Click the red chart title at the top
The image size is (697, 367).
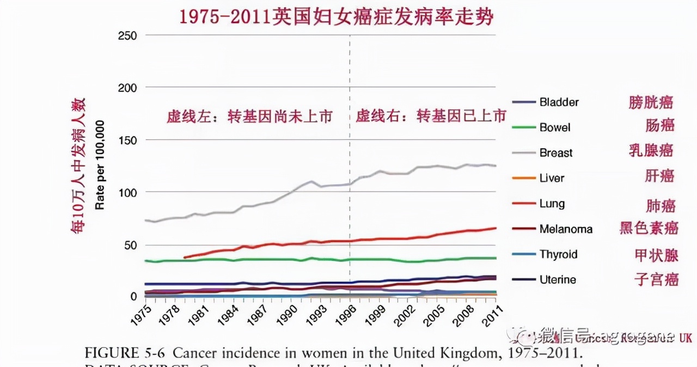point(337,16)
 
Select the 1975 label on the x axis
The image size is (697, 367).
point(141,314)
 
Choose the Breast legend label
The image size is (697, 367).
point(556,153)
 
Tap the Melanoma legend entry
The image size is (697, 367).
point(566,229)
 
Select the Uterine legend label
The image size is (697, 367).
point(558,280)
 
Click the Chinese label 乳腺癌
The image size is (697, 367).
point(651,150)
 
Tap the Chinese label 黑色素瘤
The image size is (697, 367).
point(649,228)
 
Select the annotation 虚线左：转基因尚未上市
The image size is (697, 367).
point(249,117)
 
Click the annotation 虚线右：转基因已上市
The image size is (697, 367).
point(431,115)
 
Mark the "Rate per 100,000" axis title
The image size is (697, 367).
point(100,166)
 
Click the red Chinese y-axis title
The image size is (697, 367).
point(78,166)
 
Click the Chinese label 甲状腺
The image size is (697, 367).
point(656,255)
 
